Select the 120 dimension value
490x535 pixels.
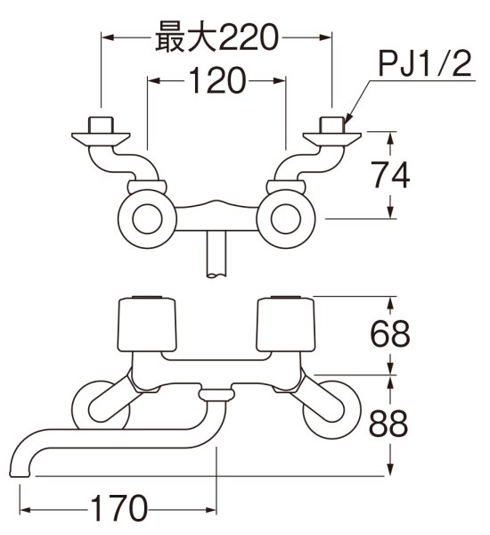tap(216, 82)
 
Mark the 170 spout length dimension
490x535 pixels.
tap(118, 509)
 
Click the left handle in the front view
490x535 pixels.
tap(148, 325)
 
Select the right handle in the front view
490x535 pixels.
tap(285, 325)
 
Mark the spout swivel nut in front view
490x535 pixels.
tap(216, 393)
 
